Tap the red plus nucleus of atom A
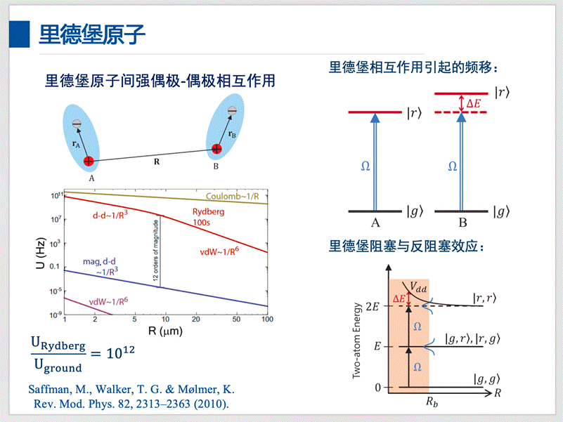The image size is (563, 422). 89,162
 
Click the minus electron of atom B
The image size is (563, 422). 232,110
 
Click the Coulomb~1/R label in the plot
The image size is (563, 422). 236,196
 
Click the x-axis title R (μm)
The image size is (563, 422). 166,330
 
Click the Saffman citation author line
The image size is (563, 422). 131,390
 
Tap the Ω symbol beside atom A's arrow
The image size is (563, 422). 365,166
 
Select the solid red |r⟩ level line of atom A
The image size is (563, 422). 375,112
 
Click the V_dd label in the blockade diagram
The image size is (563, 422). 418,288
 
